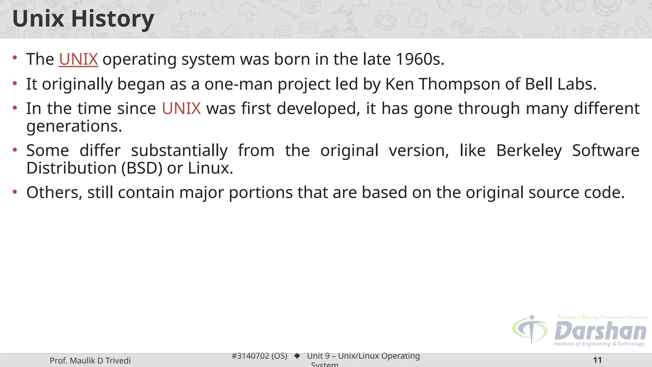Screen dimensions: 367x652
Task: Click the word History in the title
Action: [x=113, y=19]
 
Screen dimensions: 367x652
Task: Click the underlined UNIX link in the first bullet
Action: [x=78, y=59]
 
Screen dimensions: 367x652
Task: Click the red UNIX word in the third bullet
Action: [x=181, y=109]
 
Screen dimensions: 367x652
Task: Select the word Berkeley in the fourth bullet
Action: [x=529, y=150]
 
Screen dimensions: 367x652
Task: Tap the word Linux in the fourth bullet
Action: [x=210, y=168]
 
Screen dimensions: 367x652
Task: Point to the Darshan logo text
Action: [x=600, y=331]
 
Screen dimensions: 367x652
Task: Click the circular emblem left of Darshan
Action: [x=530, y=330]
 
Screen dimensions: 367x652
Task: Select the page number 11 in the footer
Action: [x=597, y=360]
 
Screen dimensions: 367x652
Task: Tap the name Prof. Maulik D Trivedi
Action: [x=90, y=361]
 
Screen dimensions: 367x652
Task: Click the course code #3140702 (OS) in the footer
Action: [x=259, y=356]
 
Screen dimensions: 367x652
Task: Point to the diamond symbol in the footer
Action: [x=297, y=356]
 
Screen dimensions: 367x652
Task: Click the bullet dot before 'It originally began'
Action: [x=15, y=83]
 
